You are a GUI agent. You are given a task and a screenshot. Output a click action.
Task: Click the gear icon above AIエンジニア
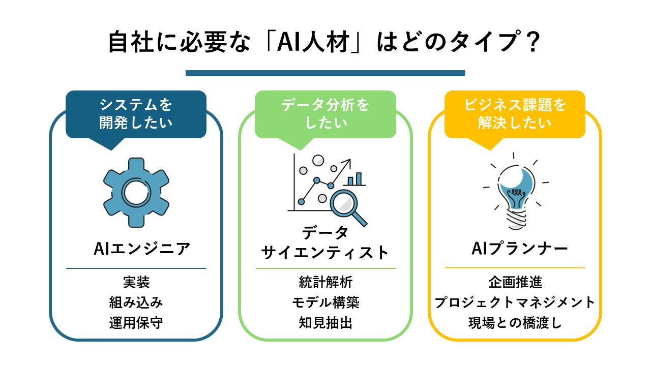click(136, 192)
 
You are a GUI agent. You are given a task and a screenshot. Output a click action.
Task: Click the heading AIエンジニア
click(142, 249)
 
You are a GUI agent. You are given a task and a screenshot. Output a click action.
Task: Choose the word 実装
click(136, 282)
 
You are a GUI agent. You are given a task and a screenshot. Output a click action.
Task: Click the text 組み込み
click(136, 302)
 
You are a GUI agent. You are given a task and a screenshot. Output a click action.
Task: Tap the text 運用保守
click(136, 323)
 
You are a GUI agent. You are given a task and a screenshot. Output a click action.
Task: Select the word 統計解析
click(325, 282)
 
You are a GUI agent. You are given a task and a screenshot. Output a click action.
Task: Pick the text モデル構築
click(325, 302)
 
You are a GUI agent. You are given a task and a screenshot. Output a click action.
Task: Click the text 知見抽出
click(325, 323)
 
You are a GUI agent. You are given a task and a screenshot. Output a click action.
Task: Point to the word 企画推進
click(515, 282)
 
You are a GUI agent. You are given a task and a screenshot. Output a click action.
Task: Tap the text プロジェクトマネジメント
click(515, 302)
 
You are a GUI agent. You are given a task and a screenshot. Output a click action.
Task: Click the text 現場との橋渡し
click(515, 323)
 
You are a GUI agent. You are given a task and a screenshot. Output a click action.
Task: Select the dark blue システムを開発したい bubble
click(136, 114)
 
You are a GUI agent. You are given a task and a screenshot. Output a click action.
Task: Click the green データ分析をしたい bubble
click(325, 114)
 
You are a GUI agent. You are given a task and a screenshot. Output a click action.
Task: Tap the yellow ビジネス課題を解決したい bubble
click(515, 114)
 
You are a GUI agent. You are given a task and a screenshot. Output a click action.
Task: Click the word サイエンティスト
click(325, 252)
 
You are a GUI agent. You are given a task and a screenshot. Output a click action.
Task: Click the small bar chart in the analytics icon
click(356, 179)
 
